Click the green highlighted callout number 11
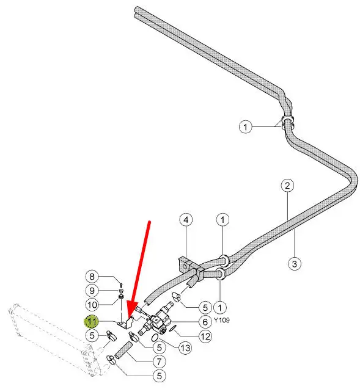92,322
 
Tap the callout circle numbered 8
92,277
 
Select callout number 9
92,291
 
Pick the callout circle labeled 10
92,305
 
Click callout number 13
185,348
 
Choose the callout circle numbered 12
205,336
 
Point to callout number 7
159,362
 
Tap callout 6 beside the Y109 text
205,322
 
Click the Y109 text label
222,320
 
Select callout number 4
186,220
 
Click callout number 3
295,263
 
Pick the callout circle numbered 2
287,185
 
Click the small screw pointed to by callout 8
121,285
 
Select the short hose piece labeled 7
123,350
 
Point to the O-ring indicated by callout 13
155,337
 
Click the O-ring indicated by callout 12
173,328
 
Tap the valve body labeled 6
159,321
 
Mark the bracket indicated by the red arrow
126,323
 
